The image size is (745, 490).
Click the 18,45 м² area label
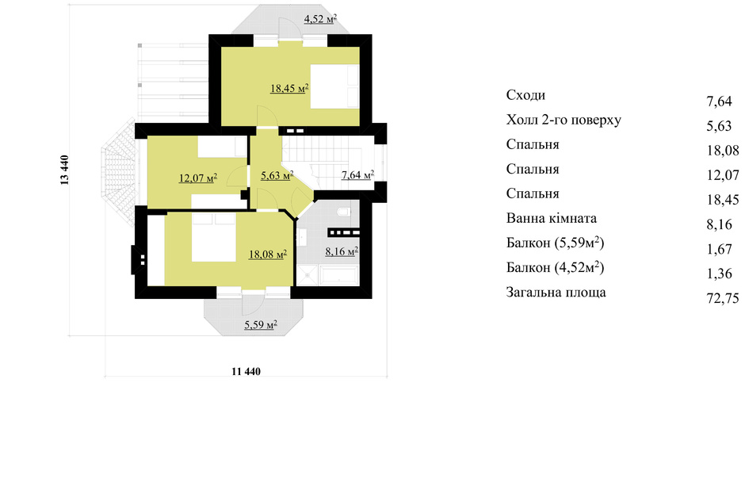[290, 88]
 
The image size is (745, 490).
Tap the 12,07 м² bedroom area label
[198, 178]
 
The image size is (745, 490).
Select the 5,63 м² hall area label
[277, 175]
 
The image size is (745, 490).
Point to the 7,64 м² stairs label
[357, 175]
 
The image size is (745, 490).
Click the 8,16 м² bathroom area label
[342, 251]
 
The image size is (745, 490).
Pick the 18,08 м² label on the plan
[268, 255]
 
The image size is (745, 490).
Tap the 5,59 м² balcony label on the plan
[261, 325]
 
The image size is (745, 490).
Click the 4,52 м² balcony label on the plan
[321, 19]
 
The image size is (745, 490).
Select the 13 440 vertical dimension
[65, 170]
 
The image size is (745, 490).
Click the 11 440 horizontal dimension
[246, 371]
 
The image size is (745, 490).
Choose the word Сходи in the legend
[525, 95]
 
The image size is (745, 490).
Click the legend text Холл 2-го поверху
[564, 120]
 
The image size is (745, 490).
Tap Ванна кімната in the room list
[551, 219]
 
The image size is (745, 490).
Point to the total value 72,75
[723, 298]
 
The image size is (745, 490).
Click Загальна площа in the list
[556, 293]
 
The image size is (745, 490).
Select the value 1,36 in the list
[720, 274]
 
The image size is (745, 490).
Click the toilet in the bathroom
[343, 212]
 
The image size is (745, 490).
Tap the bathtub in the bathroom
[339, 275]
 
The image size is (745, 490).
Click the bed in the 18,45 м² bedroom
[335, 87]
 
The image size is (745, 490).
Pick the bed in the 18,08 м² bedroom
[214, 237]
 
